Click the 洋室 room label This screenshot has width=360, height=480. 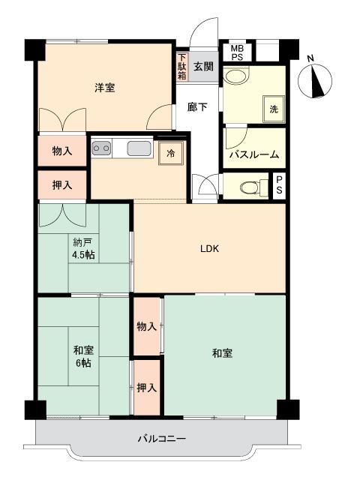tap(105, 88)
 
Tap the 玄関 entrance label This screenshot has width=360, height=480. tap(203, 67)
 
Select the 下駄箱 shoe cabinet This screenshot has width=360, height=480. tap(182, 67)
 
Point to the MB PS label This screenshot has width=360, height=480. tap(237, 52)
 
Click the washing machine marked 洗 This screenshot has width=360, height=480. tap(274, 109)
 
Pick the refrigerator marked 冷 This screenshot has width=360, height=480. tap(172, 153)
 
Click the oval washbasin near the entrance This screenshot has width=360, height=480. tap(235, 76)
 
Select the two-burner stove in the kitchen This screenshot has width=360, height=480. tap(101, 148)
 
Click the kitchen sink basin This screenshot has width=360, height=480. tap(139, 148)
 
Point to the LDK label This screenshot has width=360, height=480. tap(210, 248)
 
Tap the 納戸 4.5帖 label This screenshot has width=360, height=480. tap(83, 248)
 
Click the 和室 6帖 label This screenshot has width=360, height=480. tap(83, 356)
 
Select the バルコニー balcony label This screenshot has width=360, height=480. tap(162, 439)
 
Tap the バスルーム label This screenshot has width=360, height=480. tap(254, 154)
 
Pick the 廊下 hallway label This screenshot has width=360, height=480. tap(197, 106)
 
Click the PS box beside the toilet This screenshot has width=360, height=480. tap(279, 184)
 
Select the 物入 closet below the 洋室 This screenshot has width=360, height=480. tap(62, 151)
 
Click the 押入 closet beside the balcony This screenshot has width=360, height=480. tap(147, 388)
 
